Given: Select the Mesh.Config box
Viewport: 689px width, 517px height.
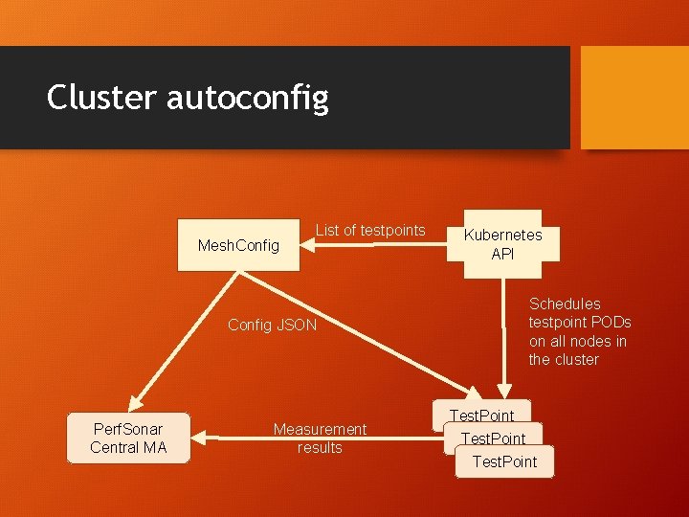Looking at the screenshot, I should [238, 246].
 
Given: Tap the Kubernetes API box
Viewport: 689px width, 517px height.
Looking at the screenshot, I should [502, 244].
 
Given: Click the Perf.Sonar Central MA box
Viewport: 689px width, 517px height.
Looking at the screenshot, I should [128, 438].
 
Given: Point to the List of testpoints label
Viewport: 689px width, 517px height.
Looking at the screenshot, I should [370, 230].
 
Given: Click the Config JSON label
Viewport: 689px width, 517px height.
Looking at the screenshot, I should [272, 325].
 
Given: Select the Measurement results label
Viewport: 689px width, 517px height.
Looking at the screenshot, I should [320, 438].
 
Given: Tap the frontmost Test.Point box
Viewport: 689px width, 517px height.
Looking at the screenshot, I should [505, 462].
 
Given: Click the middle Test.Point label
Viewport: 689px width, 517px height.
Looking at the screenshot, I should [493, 438].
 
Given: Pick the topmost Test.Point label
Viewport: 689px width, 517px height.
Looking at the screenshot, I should [481, 416].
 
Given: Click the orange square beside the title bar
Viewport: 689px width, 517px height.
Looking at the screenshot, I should [634, 98].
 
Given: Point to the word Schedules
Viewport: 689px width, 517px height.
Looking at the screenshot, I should [565, 303].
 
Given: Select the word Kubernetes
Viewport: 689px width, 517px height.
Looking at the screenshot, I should [502, 235].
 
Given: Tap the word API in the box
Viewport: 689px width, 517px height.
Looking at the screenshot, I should [502, 254].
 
